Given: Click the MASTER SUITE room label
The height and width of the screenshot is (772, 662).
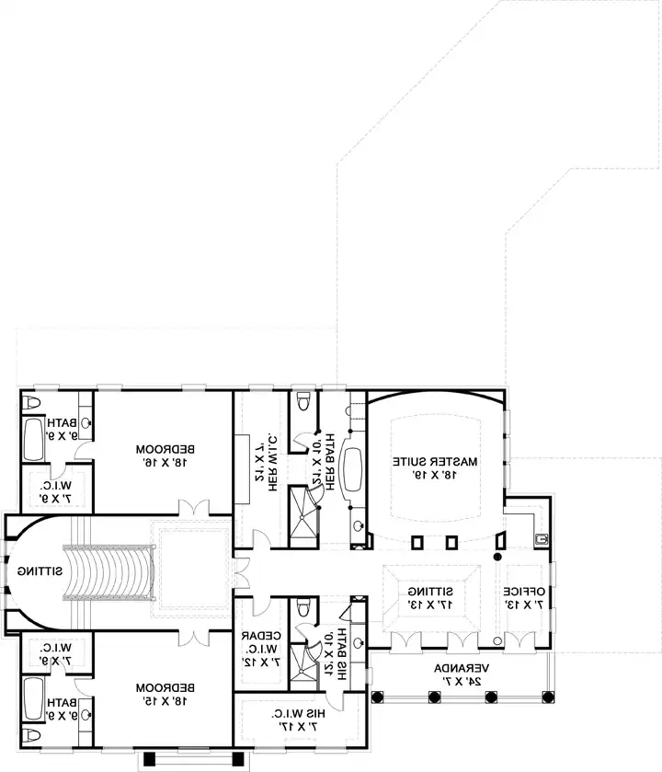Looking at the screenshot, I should click(435, 467).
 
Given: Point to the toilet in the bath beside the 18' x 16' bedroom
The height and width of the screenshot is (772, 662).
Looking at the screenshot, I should click(32, 404).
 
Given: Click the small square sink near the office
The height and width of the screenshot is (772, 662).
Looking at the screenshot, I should click(542, 539).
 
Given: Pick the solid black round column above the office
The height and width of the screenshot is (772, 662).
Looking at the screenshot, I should click(498, 557).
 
